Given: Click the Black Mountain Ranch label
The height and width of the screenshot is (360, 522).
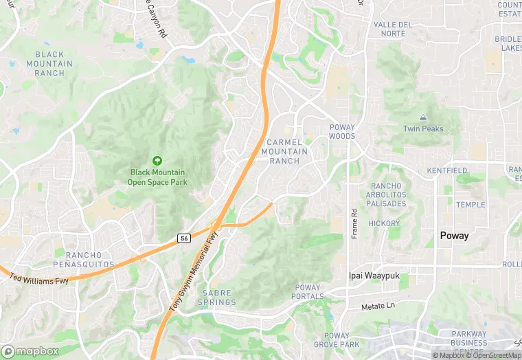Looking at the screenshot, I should coord(49,63).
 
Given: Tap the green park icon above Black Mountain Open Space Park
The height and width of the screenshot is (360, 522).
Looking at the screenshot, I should coord(157,160).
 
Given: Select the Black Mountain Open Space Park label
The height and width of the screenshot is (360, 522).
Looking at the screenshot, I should coord(157,177).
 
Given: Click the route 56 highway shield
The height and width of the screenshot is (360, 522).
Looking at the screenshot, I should coord(183,238).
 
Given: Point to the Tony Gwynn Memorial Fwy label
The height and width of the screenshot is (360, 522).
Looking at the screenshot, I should coord(193,273).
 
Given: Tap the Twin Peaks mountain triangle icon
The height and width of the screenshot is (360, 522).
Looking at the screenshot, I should coord(422,118).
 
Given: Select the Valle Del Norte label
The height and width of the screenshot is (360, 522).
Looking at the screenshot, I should coord(392,29).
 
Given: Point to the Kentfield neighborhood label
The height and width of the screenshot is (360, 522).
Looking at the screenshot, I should coord(447,170).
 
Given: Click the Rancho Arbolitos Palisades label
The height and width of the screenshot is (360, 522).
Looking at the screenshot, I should coord(388,194).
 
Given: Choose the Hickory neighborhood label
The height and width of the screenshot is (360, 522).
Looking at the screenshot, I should coord(383,223).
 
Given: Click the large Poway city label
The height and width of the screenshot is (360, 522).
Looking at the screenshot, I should coord(454,236).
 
